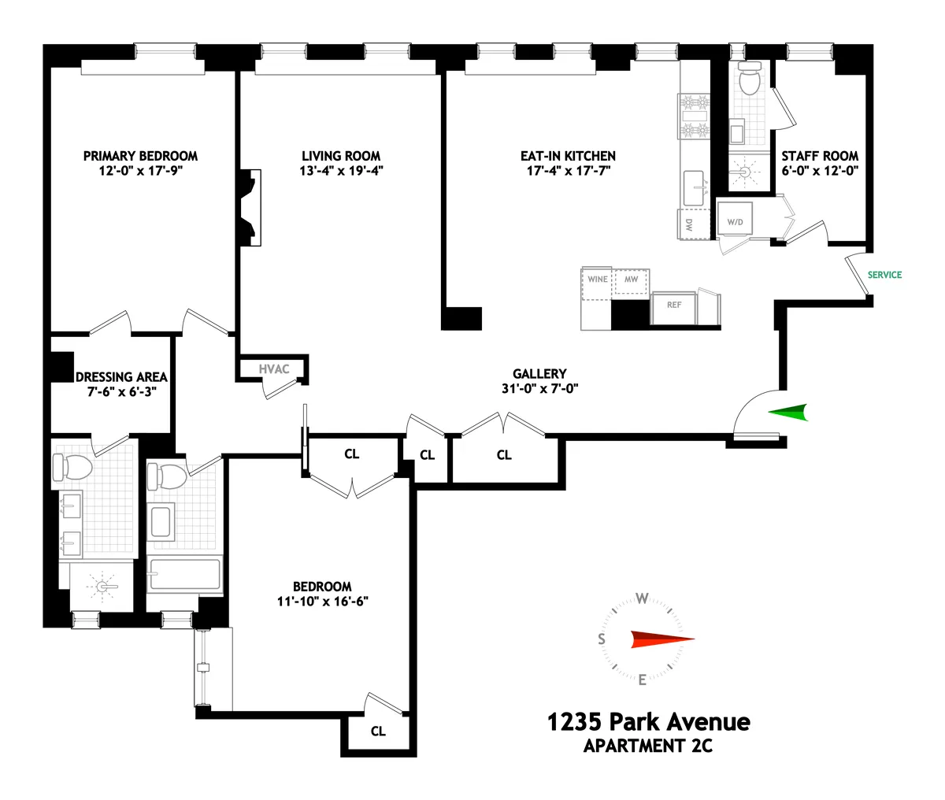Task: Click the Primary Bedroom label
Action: (140, 156)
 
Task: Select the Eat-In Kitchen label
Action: (568, 156)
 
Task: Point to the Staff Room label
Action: (820, 156)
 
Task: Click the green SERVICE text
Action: (884, 275)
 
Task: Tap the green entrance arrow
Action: (788, 412)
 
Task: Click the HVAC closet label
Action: (274, 369)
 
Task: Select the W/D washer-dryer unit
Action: (735, 222)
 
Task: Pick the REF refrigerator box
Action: (674, 305)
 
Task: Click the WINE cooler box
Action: (598, 280)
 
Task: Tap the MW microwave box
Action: (631, 280)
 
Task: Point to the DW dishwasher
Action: (689, 224)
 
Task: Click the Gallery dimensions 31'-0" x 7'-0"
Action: (539, 388)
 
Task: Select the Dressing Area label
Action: (121, 377)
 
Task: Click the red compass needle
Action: (661, 639)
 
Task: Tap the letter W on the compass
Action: (643, 598)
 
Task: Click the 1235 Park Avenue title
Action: (648, 721)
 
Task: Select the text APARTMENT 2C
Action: (648, 746)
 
